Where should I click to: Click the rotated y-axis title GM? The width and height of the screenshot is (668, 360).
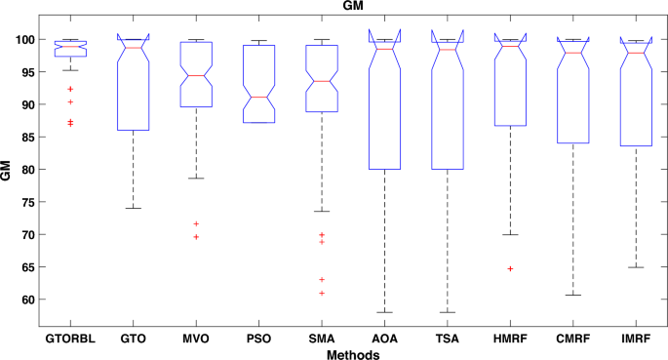(x=8, y=173)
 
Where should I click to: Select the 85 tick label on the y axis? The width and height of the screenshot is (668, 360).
(x=26, y=138)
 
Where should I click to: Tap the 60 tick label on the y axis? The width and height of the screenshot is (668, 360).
(x=26, y=300)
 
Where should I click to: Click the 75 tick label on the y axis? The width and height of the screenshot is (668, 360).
(x=26, y=202)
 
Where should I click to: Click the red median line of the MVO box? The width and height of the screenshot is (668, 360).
(x=196, y=75)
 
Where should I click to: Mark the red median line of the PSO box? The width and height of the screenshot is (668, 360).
(x=258, y=98)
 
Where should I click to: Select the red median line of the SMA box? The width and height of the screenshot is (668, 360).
(x=322, y=82)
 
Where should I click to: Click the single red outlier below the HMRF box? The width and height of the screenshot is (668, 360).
(x=510, y=268)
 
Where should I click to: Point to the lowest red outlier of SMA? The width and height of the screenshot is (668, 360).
(x=322, y=293)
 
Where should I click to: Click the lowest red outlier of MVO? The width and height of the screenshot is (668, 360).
(x=196, y=237)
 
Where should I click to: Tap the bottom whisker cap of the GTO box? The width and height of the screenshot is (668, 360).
(x=133, y=208)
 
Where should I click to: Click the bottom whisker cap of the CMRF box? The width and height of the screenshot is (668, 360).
(x=572, y=295)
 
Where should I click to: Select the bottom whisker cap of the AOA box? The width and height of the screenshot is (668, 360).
(x=384, y=312)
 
